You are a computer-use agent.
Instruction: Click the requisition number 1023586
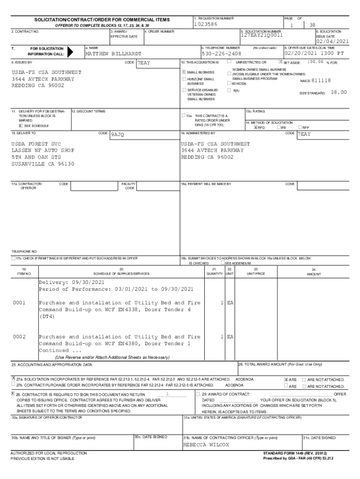206,24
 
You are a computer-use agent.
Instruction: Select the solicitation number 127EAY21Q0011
262,35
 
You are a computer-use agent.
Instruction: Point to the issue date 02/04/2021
332,41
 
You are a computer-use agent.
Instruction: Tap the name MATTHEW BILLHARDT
113,54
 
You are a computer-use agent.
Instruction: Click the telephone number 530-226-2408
221,54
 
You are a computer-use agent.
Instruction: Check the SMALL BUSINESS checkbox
184,72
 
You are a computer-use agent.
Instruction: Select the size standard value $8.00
338,93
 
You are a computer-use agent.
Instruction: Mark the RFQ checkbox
255,127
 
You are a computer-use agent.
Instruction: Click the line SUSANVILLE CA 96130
43,164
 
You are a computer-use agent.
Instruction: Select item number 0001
19,303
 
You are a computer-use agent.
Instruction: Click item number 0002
19,337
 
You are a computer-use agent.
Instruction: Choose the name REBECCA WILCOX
206,444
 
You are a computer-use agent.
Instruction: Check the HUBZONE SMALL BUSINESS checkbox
184,79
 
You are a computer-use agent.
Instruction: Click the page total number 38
312,25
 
